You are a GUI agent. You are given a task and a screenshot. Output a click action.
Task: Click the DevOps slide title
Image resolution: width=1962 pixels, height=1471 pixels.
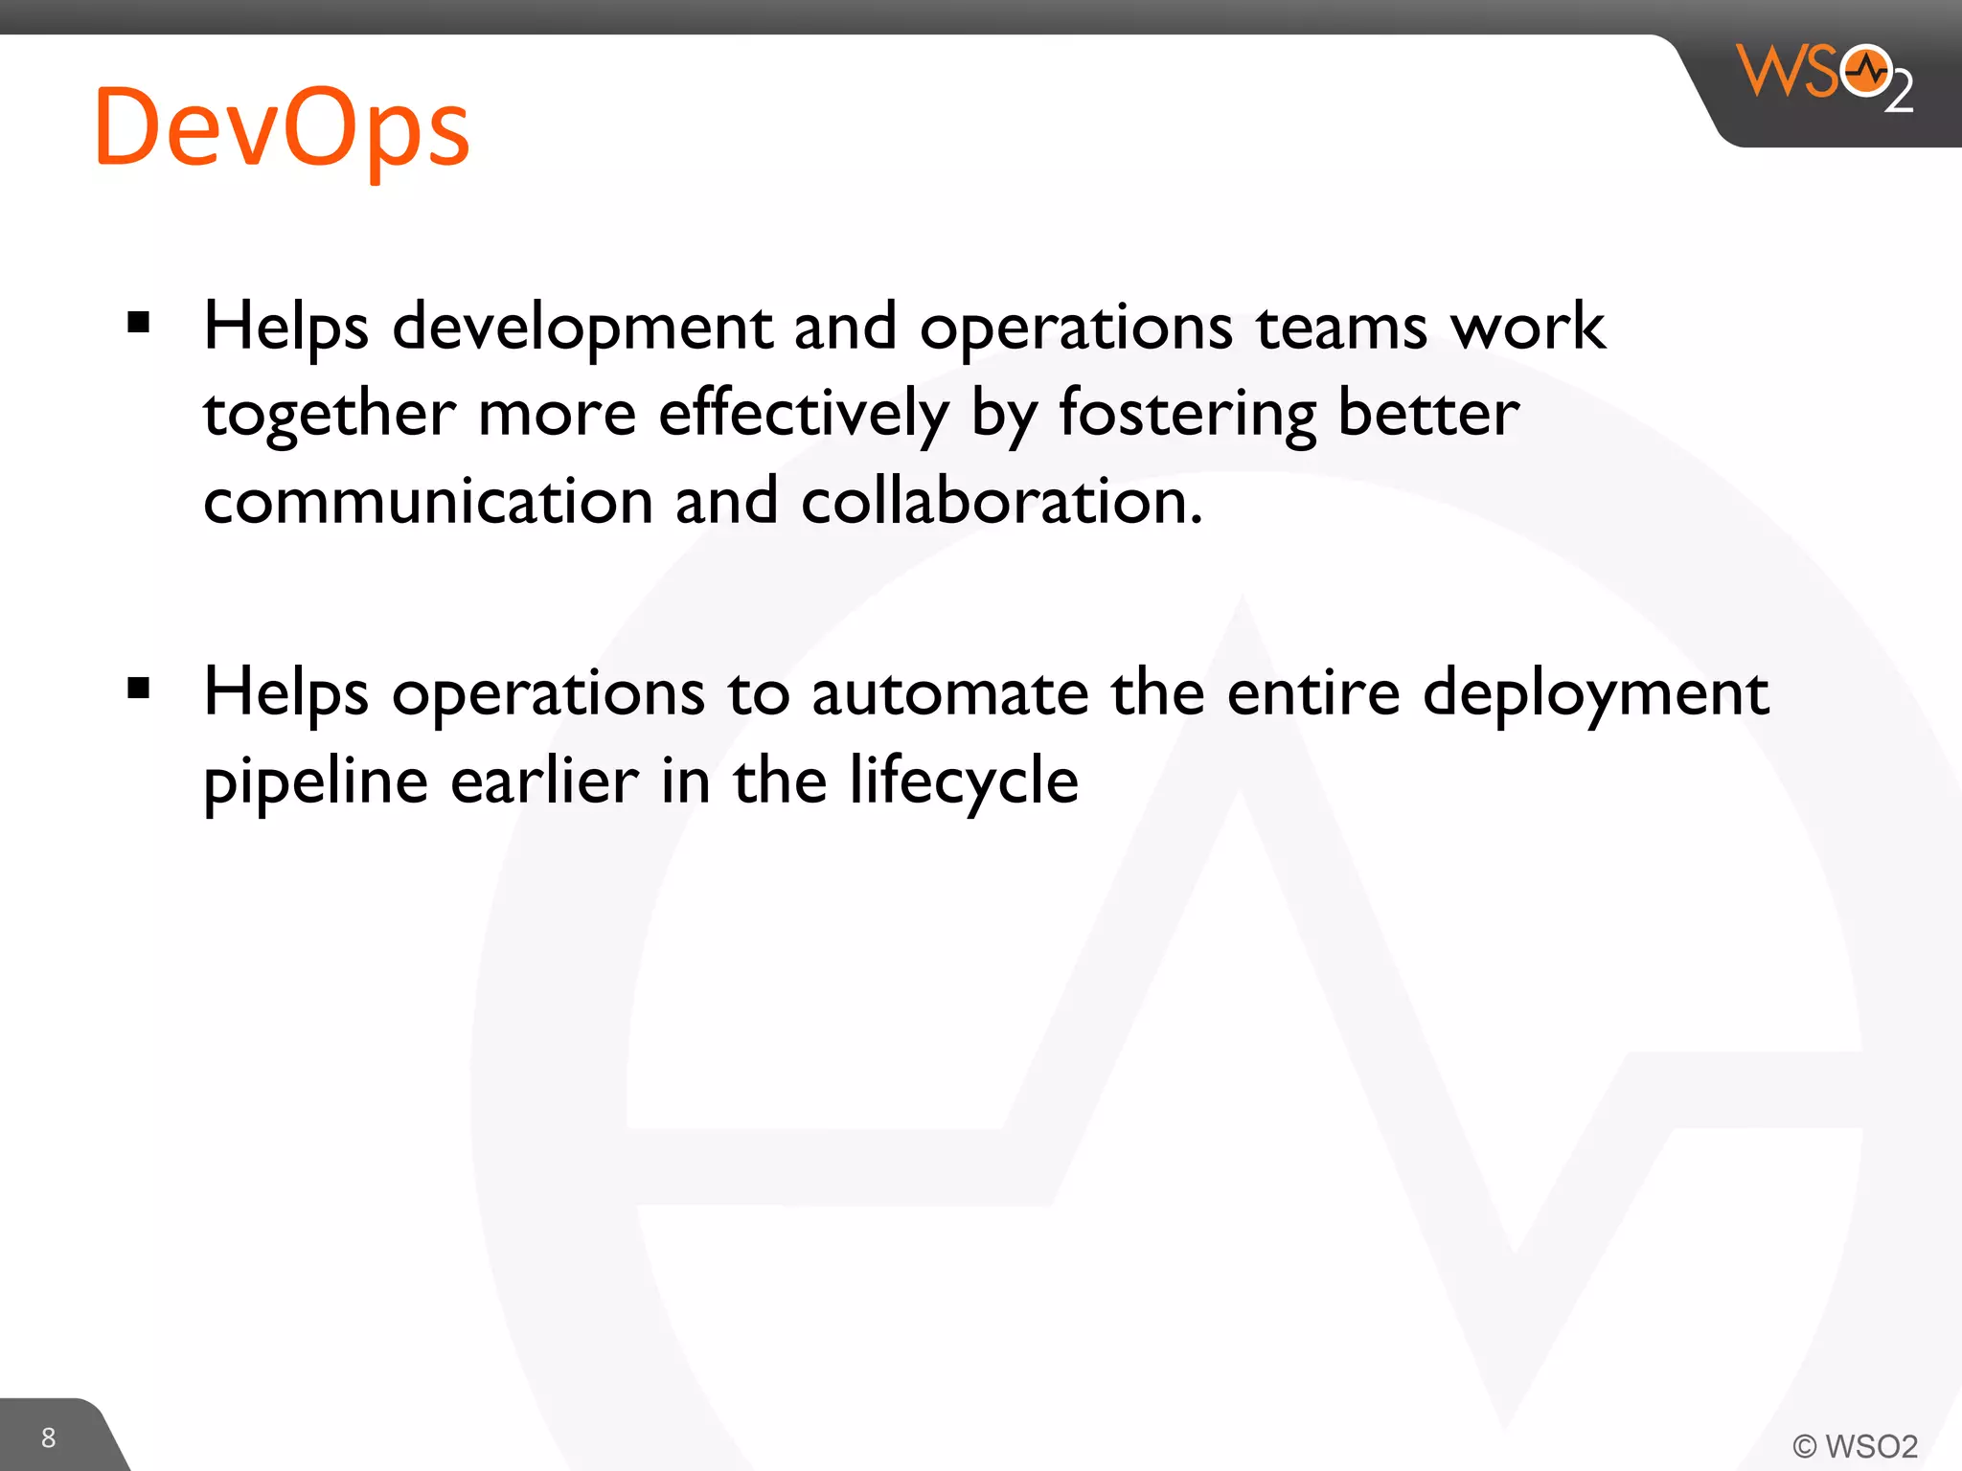[282, 128]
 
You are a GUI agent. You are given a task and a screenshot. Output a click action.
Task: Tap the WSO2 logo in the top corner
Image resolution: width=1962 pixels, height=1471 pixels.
[1824, 77]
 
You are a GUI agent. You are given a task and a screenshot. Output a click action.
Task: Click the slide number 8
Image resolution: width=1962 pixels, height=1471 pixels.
[49, 1437]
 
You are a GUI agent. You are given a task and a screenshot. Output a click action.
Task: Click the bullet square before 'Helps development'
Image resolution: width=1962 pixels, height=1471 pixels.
[139, 323]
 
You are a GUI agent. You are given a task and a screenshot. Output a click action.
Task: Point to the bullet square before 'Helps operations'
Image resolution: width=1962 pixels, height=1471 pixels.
[139, 689]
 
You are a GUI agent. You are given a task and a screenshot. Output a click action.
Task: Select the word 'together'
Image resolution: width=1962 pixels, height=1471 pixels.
[330, 416]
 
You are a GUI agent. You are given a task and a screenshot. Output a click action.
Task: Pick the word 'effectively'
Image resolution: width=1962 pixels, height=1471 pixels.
[804, 416]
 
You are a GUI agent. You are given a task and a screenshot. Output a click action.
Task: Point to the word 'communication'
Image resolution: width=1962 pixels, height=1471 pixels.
[428, 502]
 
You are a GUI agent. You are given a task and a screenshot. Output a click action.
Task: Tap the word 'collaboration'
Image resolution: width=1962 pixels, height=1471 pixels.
[1000, 502]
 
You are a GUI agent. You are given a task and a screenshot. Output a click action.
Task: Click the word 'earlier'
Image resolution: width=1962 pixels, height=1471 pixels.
[544, 781]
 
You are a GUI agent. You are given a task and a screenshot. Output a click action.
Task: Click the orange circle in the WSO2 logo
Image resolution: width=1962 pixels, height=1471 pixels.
[1866, 71]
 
